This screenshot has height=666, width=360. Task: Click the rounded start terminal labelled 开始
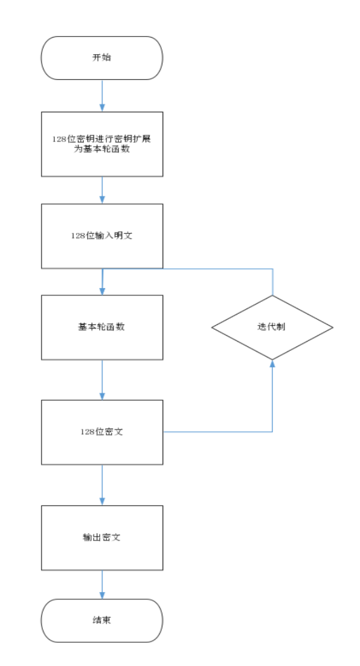tap(102, 58)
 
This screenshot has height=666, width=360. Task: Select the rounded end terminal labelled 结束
tap(102, 620)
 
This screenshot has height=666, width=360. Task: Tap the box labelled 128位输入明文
tap(102, 236)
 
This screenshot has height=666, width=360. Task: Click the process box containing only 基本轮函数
tap(102, 327)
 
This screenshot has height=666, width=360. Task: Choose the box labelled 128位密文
tap(102, 432)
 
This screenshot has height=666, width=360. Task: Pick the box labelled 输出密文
tap(102, 537)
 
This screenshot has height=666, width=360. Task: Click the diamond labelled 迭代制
tap(272, 327)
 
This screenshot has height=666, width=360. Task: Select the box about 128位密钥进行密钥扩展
tap(102, 144)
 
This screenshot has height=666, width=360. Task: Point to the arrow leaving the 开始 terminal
tap(102, 96)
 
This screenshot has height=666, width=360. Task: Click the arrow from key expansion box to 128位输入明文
tap(102, 190)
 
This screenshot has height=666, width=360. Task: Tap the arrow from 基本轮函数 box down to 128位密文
tap(102, 379)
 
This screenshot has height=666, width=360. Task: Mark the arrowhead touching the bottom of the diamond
tap(272, 363)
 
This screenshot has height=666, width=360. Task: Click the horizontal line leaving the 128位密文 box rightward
tap(218, 432)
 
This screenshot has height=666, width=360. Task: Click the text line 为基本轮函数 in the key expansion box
tap(102, 149)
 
